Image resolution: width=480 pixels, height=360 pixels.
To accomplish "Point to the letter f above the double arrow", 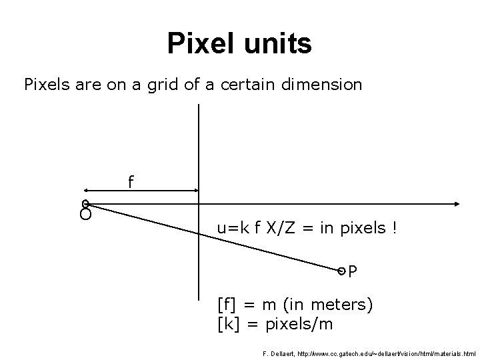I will [131, 181].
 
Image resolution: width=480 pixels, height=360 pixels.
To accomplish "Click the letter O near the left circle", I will [85, 215].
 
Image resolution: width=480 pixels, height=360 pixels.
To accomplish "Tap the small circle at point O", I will [85, 203].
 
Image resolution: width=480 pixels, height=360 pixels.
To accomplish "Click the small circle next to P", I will [341, 271].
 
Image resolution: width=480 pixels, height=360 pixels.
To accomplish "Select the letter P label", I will [353, 271].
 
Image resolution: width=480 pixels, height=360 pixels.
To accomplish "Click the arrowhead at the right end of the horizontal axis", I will [458, 203].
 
